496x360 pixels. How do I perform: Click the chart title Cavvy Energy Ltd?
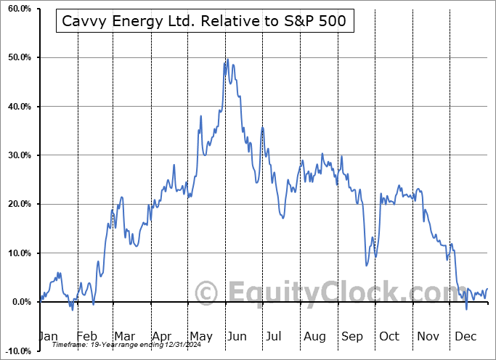[x=205, y=22]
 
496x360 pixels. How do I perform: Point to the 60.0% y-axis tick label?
[x=18, y=8]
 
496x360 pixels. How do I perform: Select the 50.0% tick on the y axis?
[x=18, y=57]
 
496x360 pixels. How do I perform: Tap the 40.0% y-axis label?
[x=18, y=106]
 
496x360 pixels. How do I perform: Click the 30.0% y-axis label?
[x=18, y=155]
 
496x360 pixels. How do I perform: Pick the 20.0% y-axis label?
[x=18, y=204]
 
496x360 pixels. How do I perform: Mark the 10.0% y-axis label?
[x=18, y=253]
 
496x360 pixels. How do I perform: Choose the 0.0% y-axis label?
[x=20, y=302]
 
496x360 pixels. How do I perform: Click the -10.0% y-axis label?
[x=17, y=351]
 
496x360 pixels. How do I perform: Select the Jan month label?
[x=48, y=336]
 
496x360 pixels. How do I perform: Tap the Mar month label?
[x=123, y=336]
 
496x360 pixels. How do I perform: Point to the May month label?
[x=200, y=336]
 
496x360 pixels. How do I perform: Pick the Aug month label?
[x=314, y=336]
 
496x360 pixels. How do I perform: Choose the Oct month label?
[x=389, y=336]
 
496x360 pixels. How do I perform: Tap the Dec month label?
[x=465, y=336]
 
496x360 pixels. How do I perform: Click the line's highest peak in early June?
[x=227, y=60]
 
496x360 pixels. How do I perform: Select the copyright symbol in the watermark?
[x=207, y=292]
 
